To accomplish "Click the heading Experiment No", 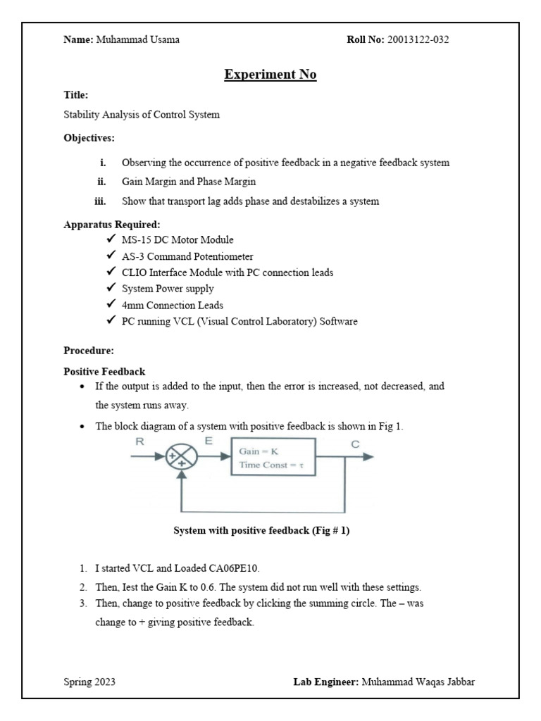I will coord(270,74).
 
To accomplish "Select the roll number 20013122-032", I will coord(418,39).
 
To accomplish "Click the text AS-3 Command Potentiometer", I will coord(187,256).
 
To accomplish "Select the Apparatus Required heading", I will coord(112,225).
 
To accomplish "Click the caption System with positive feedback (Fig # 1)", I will coord(261,531).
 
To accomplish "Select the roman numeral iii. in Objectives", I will coord(100,201).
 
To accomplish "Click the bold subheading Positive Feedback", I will coord(104,371).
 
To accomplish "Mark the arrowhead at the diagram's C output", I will coord(368,456).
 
